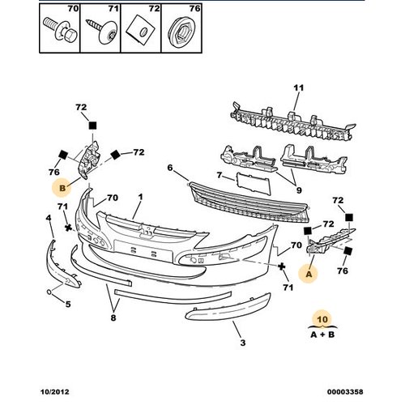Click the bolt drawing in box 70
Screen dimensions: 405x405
pyautogui.click(x=61, y=31)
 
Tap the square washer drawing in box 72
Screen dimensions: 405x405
pyautogui.click(x=141, y=30)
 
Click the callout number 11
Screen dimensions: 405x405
pyautogui.click(x=298, y=87)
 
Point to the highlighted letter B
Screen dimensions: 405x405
pyautogui.click(x=62, y=188)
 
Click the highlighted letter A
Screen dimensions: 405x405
pyautogui.click(x=309, y=275)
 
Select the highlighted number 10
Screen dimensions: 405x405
pyautogui.click(x=322, y=319)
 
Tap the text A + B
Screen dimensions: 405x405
pyautogui.click(x=322, y=335)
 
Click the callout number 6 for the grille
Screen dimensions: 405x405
pyautogui.click(x=170, y=168)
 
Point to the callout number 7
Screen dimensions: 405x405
pyautogui.click(x=220, y=176)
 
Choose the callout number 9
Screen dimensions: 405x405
pyautogui.click(x=299, y=190)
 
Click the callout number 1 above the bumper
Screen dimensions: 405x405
pyautogui.click(x=140, y=197)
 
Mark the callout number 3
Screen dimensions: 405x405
pyautogui.click(x=243, y=343)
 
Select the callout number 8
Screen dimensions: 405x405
pyautogui.click(x=113, y=318)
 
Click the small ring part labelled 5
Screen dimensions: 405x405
pyautogui.click(x=49, y=292)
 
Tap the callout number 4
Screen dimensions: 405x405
pyautogui.click(x=49, y=218)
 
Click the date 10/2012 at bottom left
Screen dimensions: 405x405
pyautogui.click(x=55, y=392)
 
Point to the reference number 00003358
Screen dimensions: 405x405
pyautogui.click(x=345, y=392)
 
